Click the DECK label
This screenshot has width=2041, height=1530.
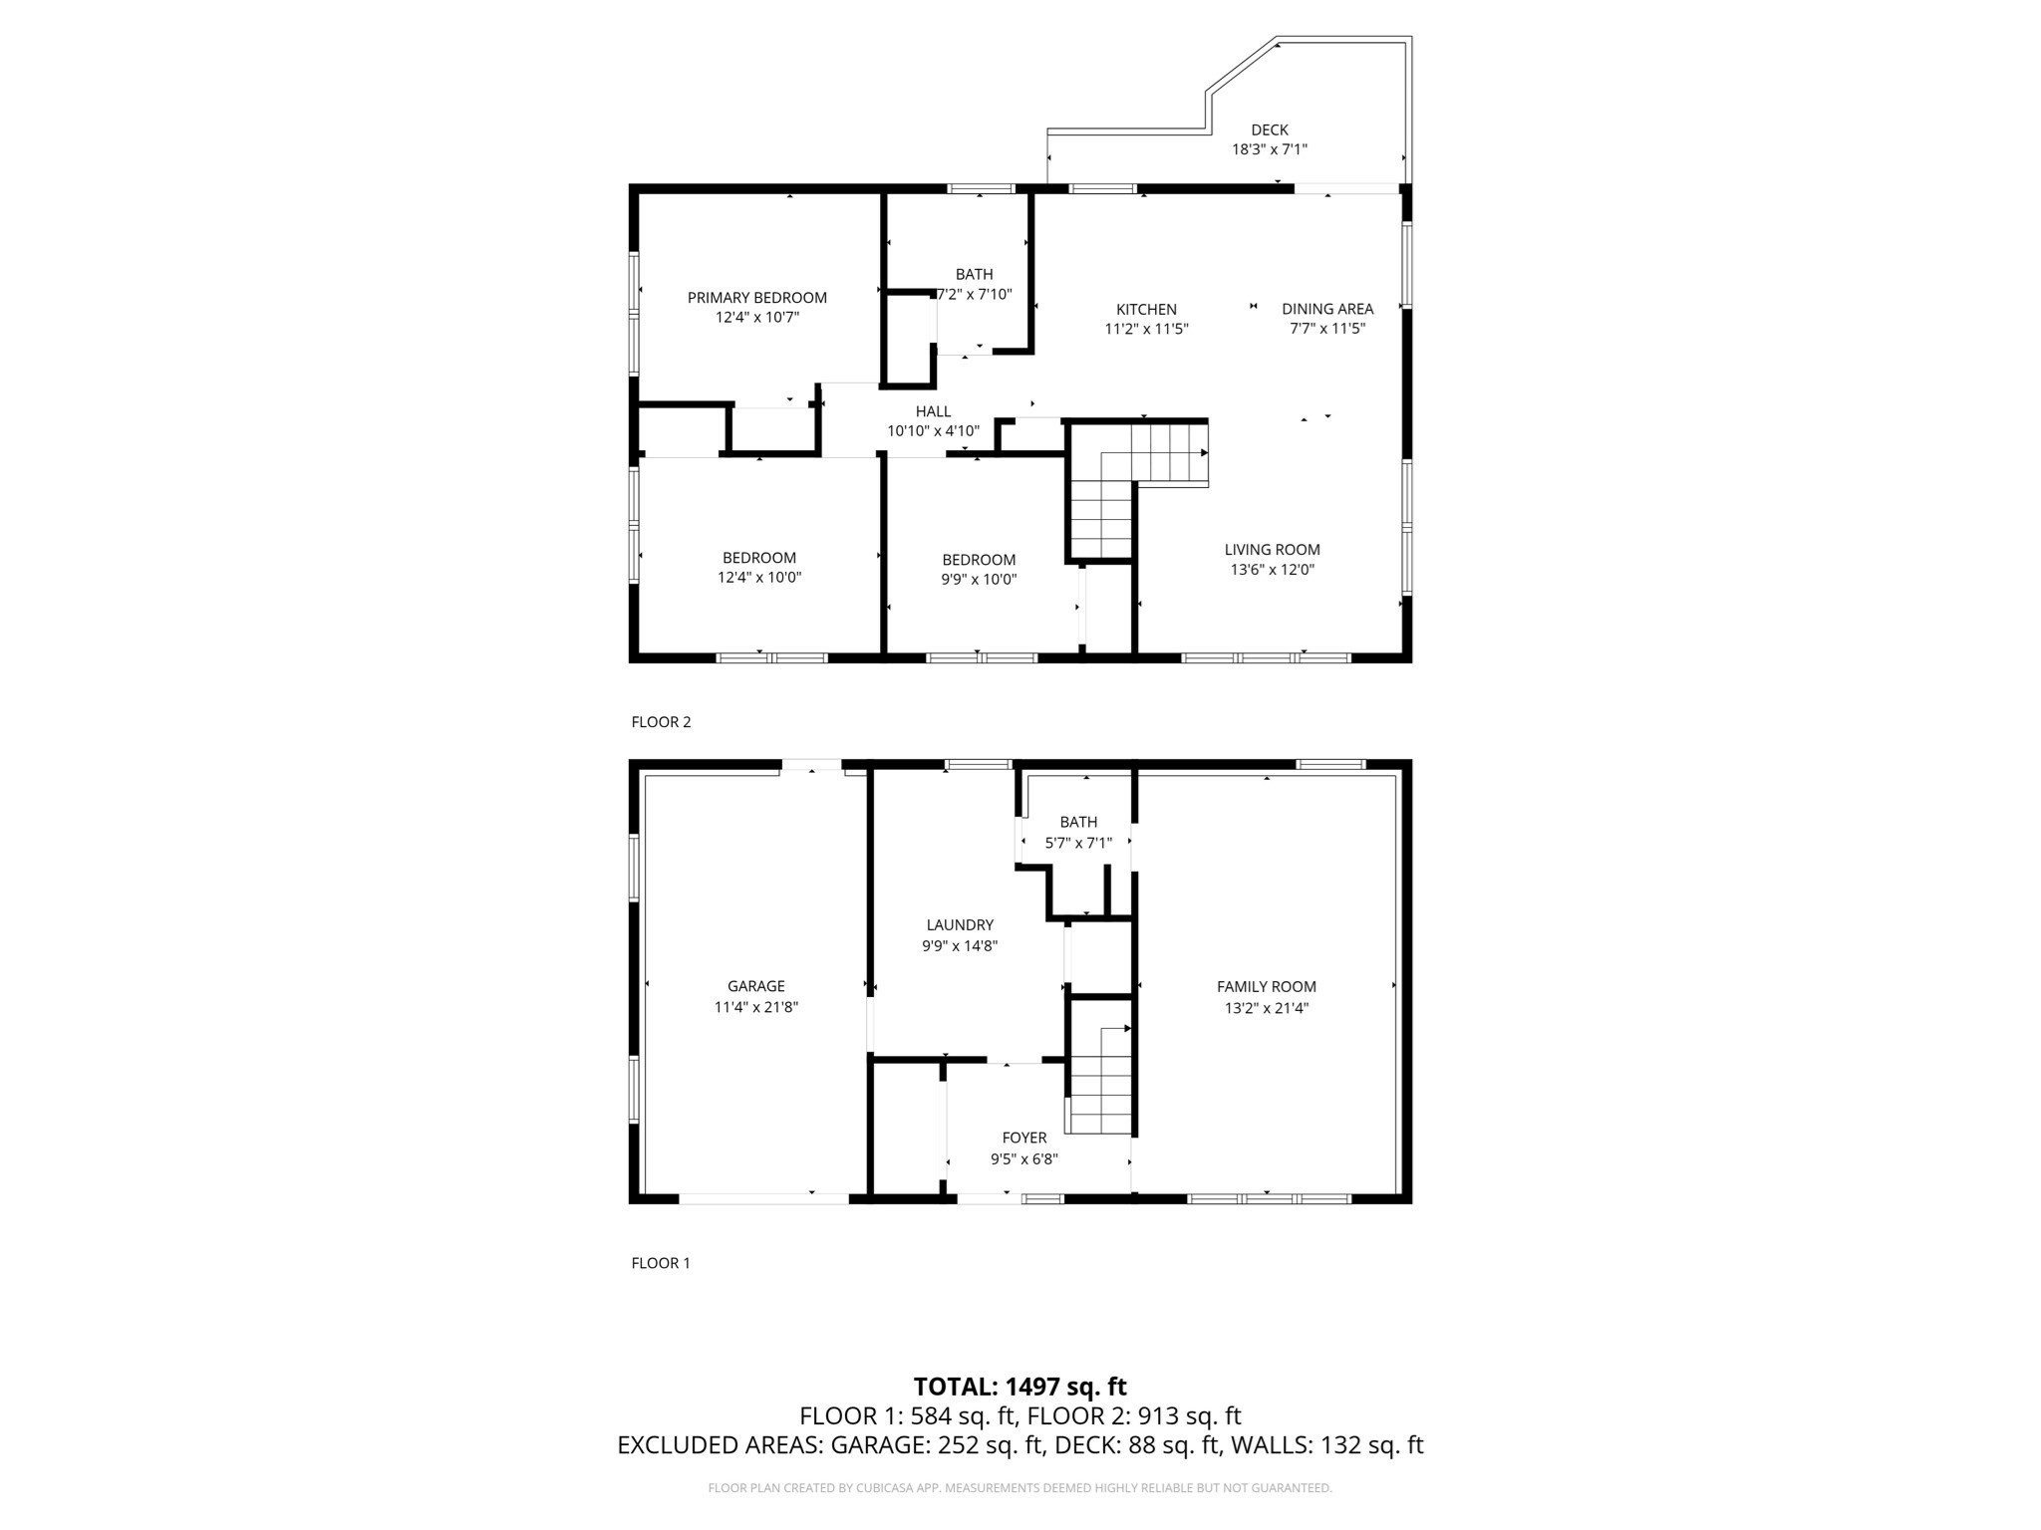1269,129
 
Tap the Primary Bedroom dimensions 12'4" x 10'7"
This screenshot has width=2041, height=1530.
757,318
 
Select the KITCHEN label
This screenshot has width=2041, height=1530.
1146,310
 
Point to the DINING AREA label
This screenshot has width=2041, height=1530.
1326,309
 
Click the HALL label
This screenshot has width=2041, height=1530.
933,411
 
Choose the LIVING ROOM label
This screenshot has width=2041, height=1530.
1272,550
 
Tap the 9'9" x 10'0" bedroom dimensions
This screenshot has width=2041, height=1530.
978,580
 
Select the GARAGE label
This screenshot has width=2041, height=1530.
755,987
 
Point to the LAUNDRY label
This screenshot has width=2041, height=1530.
959,925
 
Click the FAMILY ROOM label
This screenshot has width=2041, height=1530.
1266,987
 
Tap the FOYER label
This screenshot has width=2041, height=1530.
1023,1139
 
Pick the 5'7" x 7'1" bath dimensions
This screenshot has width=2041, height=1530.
1077,843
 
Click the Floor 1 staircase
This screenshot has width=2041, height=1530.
1100,1081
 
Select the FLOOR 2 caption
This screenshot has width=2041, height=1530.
661,722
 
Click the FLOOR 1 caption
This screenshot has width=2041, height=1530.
661,1263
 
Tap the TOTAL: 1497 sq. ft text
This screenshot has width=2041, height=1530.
1020,1387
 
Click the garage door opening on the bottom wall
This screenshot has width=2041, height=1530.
763,1198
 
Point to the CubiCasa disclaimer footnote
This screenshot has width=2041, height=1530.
1020,1488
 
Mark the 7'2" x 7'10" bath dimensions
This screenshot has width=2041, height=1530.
975,295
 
